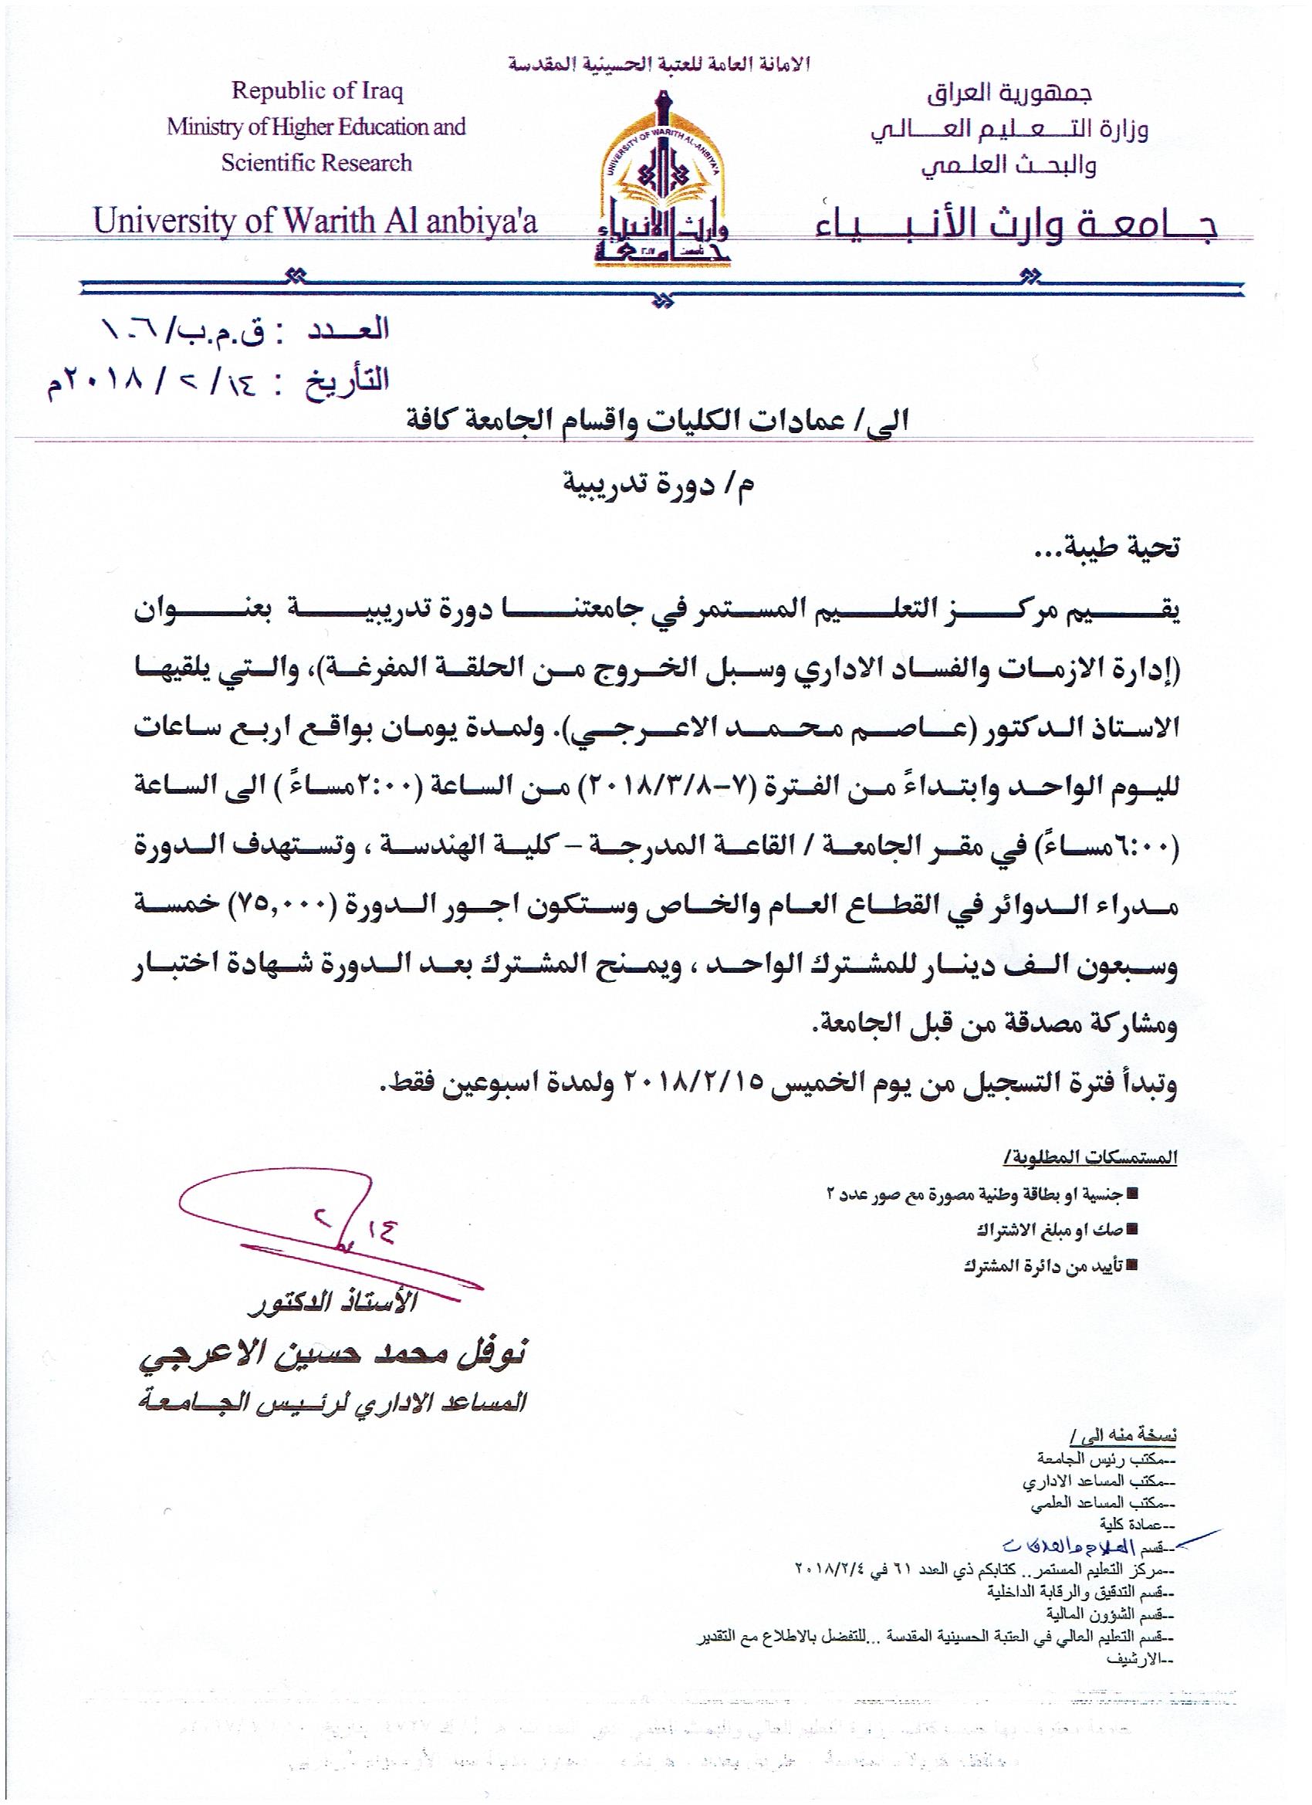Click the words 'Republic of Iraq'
(317, 91)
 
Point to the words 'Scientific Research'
(316, 163)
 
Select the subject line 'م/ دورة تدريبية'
(658, 485)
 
